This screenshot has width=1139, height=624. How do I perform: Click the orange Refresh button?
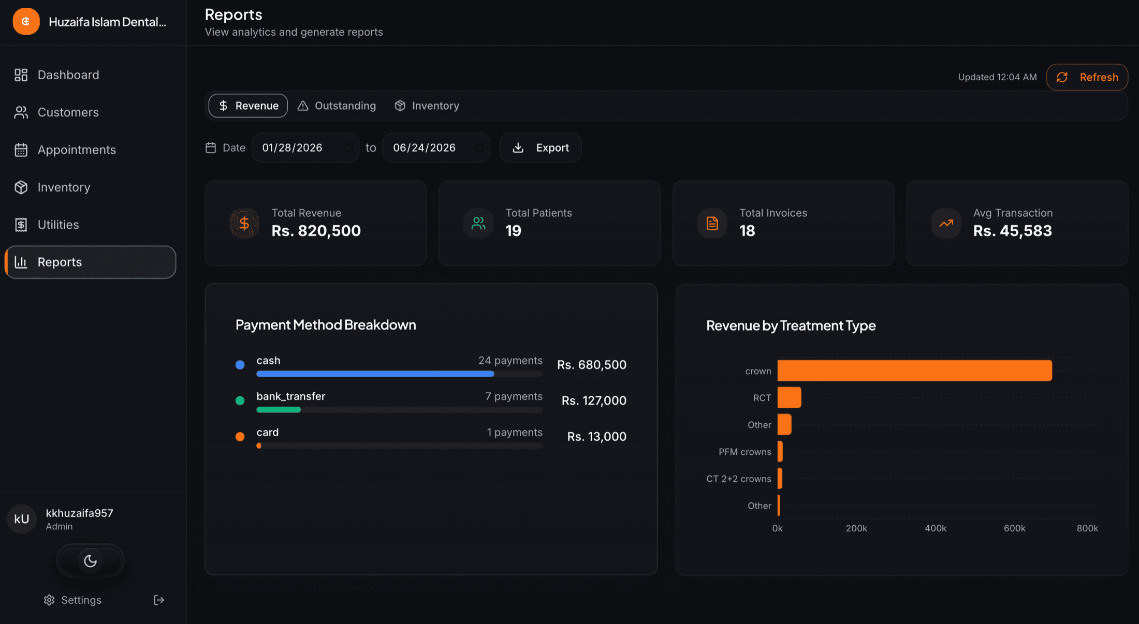tap(1087, 77)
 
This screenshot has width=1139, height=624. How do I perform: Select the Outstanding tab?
tap(337, 106)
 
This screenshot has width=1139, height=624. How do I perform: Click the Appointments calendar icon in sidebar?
tap(21, 150)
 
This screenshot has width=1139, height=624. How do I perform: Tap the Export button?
tap(541, 148)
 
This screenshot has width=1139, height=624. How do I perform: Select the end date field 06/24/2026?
tap(436, 148)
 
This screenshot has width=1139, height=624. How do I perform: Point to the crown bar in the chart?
tap(914, 370)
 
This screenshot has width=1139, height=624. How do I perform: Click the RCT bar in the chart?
tap(789, 397)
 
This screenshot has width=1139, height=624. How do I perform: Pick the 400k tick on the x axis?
tap(936, 528)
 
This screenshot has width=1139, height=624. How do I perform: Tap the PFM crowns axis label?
tap(744, 452)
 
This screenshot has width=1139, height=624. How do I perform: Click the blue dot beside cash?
tap(240, 365)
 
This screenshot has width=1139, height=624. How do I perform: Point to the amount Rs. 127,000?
tap(594, 400)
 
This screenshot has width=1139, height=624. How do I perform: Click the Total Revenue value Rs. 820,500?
tap(316, 231)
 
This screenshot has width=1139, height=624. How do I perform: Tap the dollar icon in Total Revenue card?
tap(244, 224)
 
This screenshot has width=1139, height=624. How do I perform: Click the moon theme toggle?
tap(90, 561)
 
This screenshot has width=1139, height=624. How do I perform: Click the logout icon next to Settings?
tap(159, 600)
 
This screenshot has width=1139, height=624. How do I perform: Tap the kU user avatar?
tap(22, 519)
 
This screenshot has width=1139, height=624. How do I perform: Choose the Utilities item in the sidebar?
tap(58, 225)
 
